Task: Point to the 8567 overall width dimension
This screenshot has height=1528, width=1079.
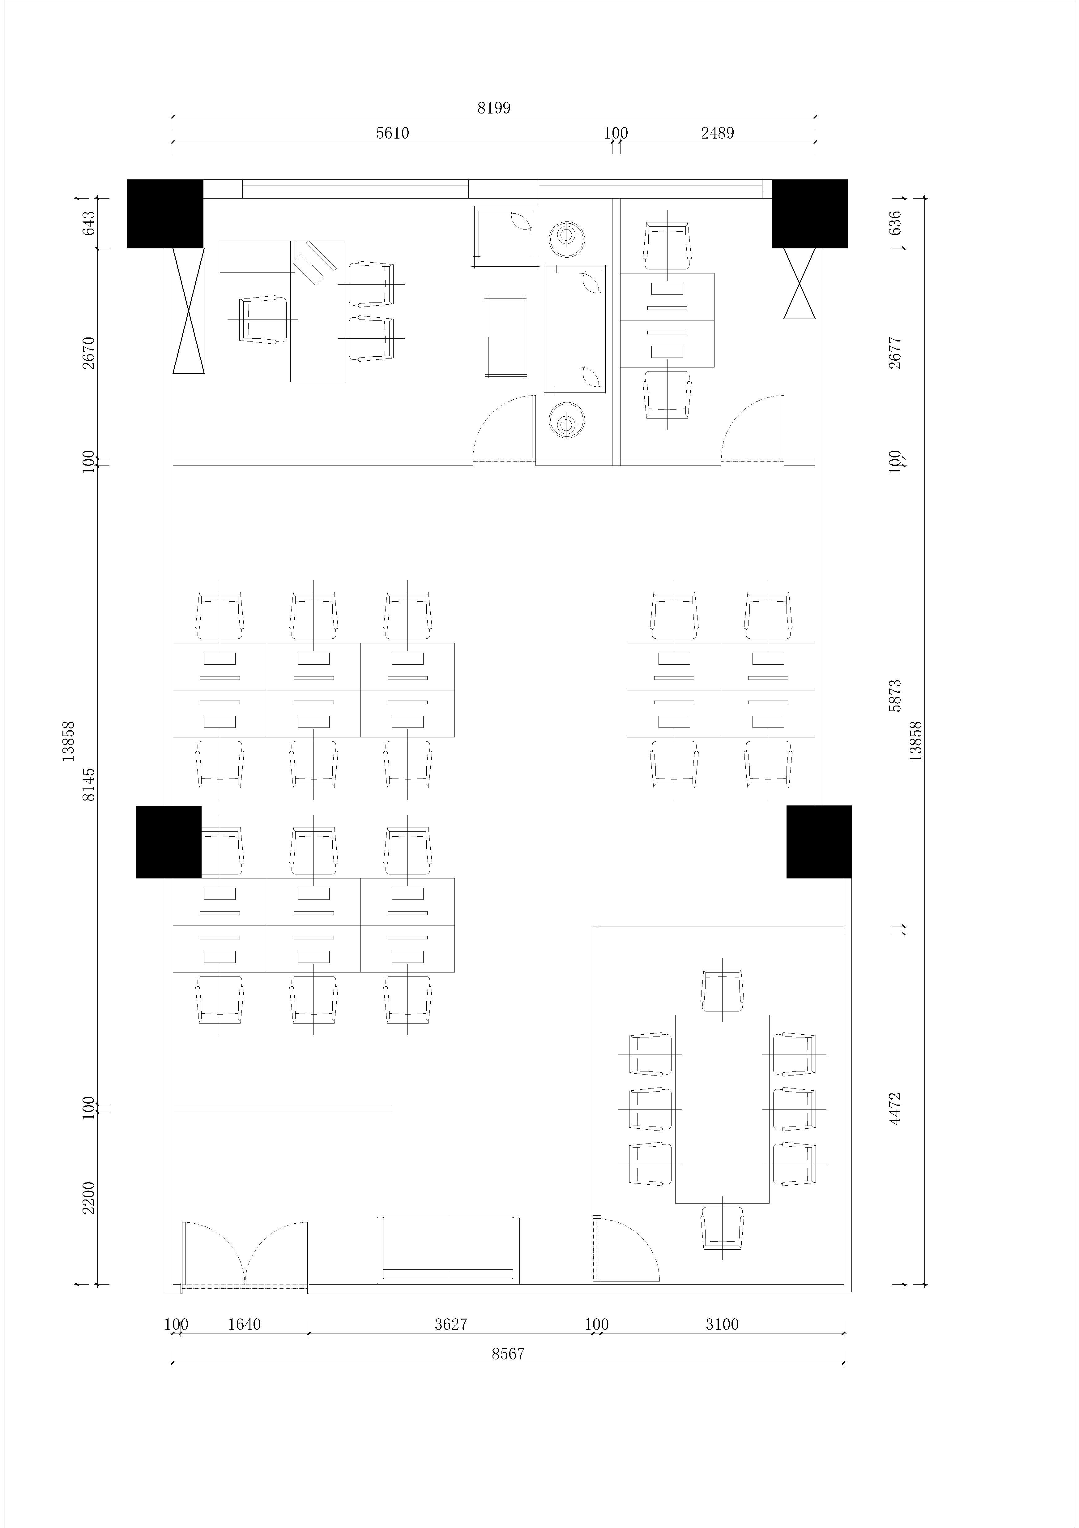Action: tap(508, 1354)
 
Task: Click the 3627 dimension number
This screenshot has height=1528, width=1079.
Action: tap(451, 1324)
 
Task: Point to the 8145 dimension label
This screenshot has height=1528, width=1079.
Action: tap(88, 785)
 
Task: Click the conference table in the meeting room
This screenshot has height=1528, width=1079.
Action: tap(723, 1110)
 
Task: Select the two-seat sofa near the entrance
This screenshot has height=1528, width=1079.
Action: tap(448, 1250)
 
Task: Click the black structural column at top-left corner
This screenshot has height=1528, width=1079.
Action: tap(165, 214)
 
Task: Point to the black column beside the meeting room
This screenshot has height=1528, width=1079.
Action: tap(819, 842)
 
